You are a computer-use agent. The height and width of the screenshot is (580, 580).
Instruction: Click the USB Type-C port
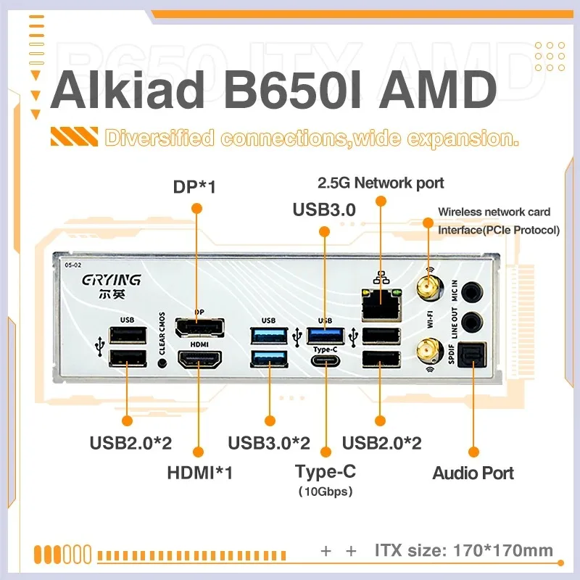coord(325,360)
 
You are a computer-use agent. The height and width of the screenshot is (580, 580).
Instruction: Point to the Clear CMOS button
coord(162,361)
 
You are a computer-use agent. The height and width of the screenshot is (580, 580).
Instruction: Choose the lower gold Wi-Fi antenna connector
coord(428,353)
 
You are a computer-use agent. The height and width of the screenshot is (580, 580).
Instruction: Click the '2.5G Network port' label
coord(381,183)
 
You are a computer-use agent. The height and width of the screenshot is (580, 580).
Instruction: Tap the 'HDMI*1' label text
coord(199,473)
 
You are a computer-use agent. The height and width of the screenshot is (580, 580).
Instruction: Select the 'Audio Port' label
coord(473,473)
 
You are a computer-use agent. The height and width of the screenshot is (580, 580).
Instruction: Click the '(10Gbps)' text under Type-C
coord(326,492)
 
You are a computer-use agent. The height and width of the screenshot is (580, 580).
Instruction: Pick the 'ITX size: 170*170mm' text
coord(464,550)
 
